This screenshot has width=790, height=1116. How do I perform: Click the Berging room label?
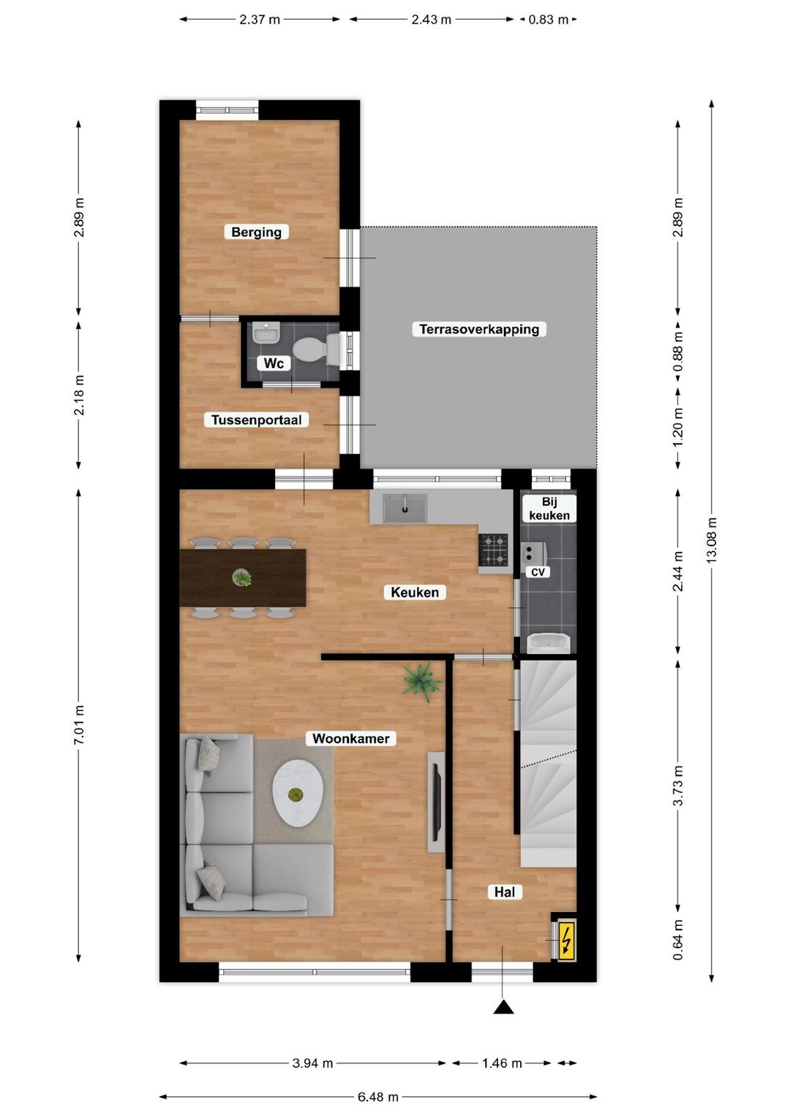click(256, 232)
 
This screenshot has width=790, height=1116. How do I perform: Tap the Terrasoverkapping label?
click(479, 329)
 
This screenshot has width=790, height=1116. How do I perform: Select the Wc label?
click(274, 363)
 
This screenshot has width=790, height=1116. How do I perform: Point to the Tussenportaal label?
click(256, 420)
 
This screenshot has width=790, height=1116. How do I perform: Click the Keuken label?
click(414, 592)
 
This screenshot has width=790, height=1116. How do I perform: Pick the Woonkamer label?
click(350, 739)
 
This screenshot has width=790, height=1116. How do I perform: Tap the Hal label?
click(504, 891)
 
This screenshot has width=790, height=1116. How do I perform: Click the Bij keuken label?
click(549, 508)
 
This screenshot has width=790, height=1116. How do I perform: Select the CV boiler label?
click(538, 572)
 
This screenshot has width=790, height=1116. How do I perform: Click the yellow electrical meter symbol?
click(567, 940)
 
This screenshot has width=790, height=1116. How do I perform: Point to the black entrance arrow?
click(503, 1007)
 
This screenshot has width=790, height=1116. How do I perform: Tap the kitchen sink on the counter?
click(405, 508)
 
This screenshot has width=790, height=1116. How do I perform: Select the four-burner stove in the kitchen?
click(494, 550)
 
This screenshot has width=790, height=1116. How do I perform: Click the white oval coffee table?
click(298, 793)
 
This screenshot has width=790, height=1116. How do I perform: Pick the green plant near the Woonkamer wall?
click(421, 682)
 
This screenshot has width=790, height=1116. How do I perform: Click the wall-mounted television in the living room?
click(436, 802)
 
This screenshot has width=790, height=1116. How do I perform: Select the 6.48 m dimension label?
click(378, 1097)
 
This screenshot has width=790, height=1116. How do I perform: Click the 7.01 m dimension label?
click(79, 725)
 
